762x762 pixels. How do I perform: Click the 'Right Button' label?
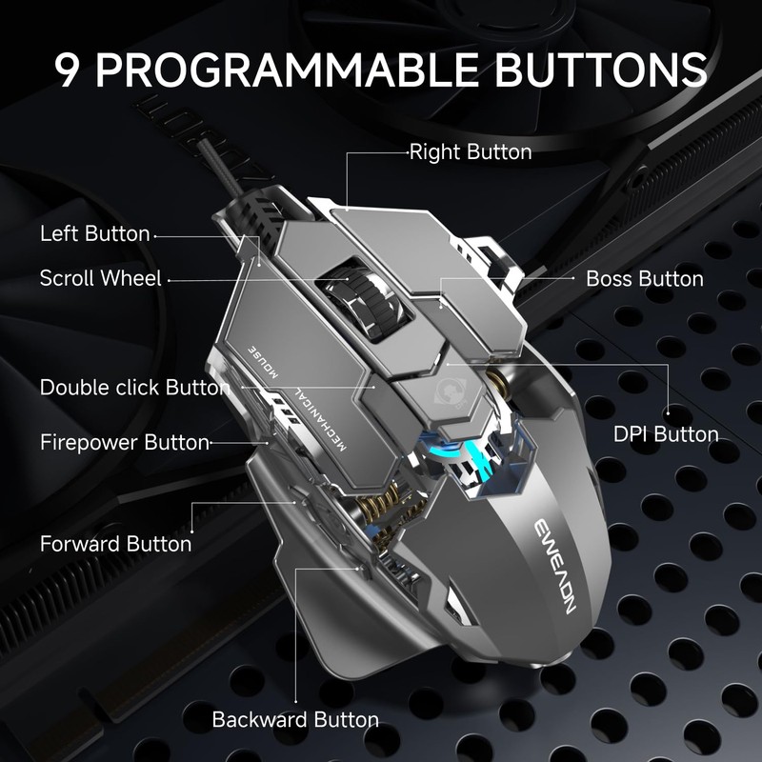tap(471, 151)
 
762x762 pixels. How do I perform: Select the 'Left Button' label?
tap(94, 233)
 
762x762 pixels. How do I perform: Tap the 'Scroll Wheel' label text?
tap(100, 278)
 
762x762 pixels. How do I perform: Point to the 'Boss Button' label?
tap(644, 279)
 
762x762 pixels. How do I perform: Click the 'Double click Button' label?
tap(134, 388)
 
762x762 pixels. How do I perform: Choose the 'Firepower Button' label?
tap(124, 442)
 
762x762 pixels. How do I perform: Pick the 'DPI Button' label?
tap(666, 434)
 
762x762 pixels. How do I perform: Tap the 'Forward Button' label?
tap(115, 544)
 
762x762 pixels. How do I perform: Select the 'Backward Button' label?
tap(295, 719)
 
